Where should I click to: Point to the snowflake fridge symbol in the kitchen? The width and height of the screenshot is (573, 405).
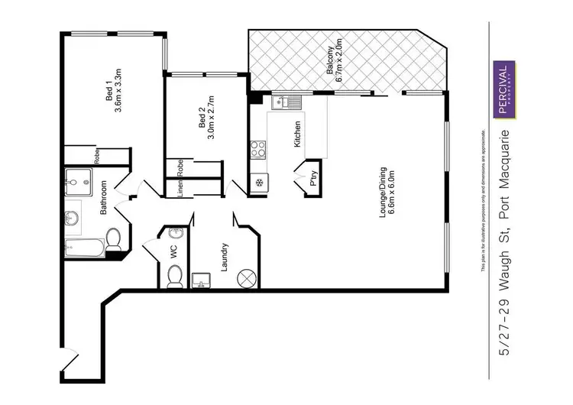pos(259,183)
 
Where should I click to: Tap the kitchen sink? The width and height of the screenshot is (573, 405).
pos(284,102)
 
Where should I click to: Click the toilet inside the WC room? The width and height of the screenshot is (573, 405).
pos(175,278)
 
